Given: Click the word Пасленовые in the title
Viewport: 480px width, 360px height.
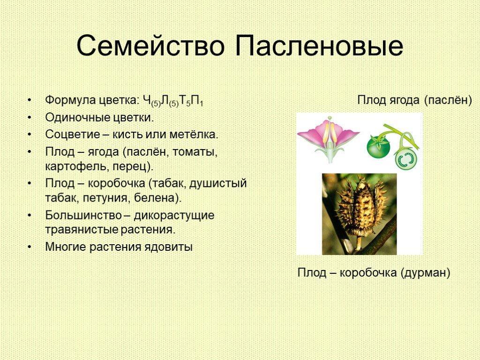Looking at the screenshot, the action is click(319, 45).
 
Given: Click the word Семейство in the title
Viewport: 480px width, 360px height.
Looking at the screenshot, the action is click(150, 45).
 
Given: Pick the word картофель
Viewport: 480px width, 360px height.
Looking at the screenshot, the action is click(77, 166).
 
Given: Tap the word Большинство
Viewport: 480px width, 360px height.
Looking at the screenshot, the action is click(83, 215).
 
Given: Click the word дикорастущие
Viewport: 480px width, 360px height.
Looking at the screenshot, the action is click(174, 216).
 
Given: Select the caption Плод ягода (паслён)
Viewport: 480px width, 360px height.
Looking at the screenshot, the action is click(414, 100).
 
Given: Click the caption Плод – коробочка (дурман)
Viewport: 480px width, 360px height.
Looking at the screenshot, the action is click(374, 272).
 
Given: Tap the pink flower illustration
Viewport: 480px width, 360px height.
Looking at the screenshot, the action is click(329, 140).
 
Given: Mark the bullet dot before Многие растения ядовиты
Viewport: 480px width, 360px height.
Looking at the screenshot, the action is click(30, 247).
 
